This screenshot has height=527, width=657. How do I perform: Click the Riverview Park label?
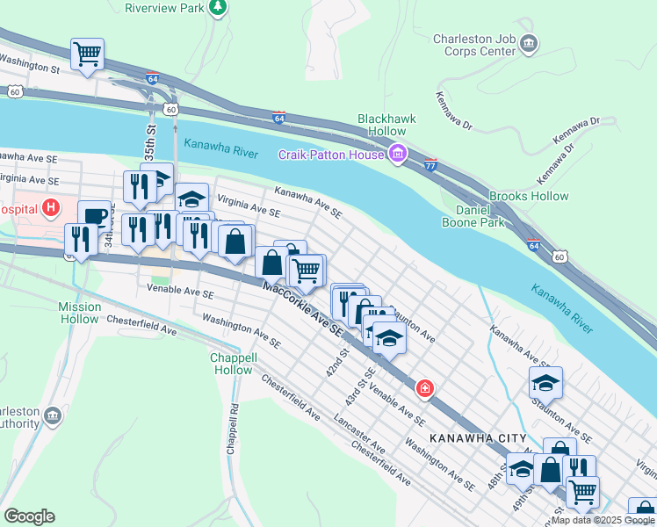165,8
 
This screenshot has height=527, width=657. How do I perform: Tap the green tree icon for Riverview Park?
219,8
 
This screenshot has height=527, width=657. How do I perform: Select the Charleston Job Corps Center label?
473,45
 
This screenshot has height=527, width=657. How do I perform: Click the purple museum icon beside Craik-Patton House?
397,155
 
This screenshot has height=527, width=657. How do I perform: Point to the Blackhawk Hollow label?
386,125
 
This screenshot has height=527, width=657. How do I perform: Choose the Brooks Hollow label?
528,197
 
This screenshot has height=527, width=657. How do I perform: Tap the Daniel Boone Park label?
480,216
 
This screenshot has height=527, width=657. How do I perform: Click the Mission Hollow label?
80,313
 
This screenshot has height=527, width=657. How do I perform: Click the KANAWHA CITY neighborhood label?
478,437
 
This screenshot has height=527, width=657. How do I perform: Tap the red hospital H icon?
52,208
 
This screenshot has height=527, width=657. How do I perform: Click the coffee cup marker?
94,215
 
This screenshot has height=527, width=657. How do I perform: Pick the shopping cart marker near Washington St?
87,53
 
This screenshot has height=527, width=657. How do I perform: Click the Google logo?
29,516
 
